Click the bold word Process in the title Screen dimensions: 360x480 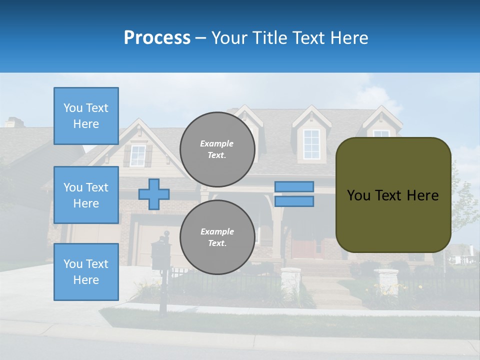point(157,38)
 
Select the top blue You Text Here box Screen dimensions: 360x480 point(86,116)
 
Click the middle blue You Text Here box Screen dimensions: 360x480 point(86,195)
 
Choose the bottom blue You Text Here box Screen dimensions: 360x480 point(86,271)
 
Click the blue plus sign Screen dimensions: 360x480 point(153,194)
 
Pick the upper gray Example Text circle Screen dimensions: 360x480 point(217,149)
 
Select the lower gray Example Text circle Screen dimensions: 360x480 point(217,237)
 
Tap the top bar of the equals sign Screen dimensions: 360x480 point(294,186)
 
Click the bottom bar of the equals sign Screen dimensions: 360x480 point(294,201)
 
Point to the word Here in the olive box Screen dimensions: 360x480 point(422,195)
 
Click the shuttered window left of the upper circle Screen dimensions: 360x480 point(137,155)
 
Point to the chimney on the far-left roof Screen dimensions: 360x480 point(14,121)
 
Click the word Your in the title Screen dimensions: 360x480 point(229,38)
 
